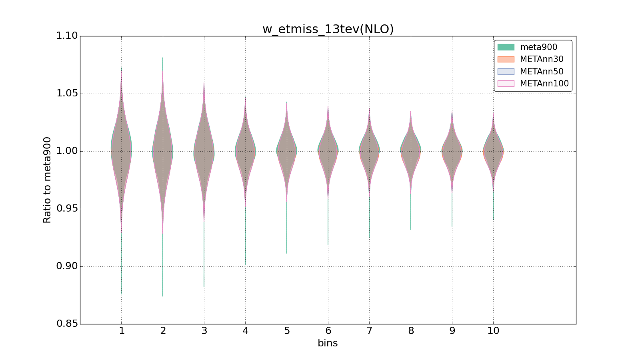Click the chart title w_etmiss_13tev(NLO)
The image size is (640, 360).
coord(328,29)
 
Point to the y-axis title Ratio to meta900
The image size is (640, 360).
coord(47,180)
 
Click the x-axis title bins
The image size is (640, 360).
coord(328,343)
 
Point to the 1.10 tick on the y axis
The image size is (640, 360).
coord(67,36)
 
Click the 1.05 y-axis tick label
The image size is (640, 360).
coord(67,94)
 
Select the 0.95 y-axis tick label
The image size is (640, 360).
coord(67,209)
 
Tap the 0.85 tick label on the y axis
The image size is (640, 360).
coord(67,324)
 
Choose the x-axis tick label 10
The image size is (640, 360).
coord(493,331)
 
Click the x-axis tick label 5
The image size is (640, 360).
coord(287,331)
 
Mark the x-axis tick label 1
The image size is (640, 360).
coord(122,331)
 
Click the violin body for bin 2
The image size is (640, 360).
coord(163,151)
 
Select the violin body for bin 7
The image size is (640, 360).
coord(369,151)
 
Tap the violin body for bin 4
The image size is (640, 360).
coord(245,151)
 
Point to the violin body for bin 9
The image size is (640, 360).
coord(452,151)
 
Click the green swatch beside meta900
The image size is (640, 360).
coord(506,47)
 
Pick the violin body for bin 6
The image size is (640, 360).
coord(328,151)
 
